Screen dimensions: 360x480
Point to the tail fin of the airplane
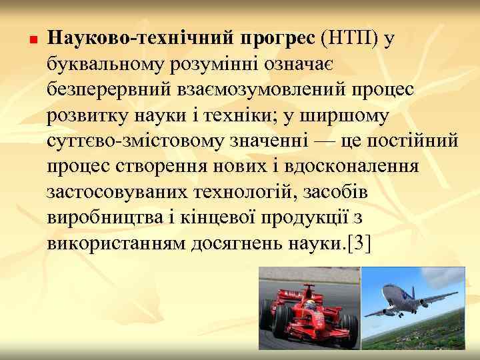tap(460, 278)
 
